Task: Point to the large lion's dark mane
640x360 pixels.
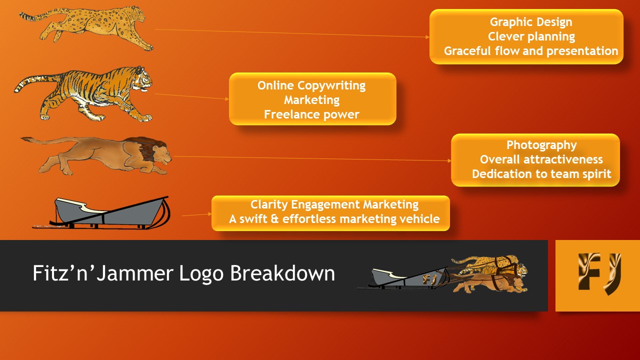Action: [144, 148]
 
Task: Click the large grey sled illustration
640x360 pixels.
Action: [101, 213]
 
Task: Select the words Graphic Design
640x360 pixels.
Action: [531, 22]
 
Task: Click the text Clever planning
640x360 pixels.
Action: [531, 36]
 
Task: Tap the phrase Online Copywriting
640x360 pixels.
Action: [311, 85]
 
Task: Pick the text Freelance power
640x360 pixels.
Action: [311, 114]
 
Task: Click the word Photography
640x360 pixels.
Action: [541, 145]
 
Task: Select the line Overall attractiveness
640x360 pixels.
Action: [541, 159]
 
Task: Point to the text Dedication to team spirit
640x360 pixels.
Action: [541, 174]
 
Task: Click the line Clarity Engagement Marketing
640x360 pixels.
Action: [334, 204]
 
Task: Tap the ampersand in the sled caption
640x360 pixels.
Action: [274, 219]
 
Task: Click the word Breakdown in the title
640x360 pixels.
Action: [282, 273]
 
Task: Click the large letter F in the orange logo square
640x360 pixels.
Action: [588, 271]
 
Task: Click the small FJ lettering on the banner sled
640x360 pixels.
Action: [429, 279]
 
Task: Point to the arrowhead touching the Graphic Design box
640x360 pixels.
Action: [427, 37]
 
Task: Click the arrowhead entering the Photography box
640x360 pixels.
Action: [449, 161]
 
